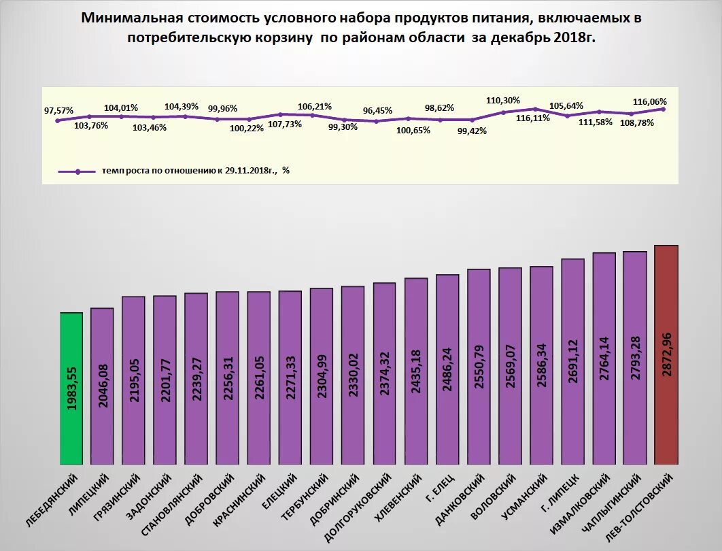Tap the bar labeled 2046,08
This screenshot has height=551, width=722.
[102, 386]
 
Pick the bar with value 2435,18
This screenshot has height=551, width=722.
[416, 371]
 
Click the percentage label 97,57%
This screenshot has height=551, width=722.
[58, 110]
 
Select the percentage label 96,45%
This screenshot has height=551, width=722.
[377, 110]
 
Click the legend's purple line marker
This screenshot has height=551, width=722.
[78, 171]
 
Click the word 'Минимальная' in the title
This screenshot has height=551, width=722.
[129, 17]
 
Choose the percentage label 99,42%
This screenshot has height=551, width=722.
[471, 131]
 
